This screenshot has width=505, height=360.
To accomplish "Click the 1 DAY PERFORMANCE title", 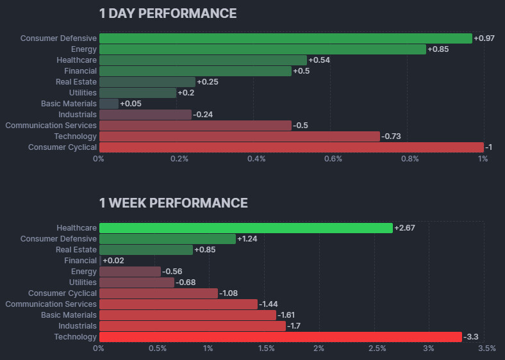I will (x=167, y=13).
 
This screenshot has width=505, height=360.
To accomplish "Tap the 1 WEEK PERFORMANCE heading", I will (x=173, y=203).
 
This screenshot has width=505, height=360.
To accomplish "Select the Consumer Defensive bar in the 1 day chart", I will (x=285, y=38).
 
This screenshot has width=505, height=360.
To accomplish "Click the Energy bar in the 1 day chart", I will (x=262, y=49).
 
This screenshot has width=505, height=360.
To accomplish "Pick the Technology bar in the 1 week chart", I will (x=280, y=337).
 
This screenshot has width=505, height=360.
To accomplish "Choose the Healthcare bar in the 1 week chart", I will (x=245, y=228).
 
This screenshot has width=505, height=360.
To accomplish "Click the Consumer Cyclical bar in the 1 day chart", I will (x=291, y=147).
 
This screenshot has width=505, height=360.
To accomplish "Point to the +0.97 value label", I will (x=484, y=38).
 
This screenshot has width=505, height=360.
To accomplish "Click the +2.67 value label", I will (x=404, y=228).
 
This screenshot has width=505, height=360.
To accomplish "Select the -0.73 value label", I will (x=392, y=136).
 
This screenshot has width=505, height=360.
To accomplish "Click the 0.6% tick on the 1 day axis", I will (x=333, y=159).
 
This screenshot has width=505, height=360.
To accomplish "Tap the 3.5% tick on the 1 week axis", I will (x=486, y=348).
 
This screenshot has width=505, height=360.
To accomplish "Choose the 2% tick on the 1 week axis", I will (x=319, y=348).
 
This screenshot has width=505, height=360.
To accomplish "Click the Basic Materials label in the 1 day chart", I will (x=69, y=104).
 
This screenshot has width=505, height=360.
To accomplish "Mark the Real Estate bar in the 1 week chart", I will (x=145, y=250).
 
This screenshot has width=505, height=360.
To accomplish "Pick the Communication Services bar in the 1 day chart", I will (x=195, y=126).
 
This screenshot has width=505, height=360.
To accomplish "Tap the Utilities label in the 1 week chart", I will (x=83, y=282).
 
